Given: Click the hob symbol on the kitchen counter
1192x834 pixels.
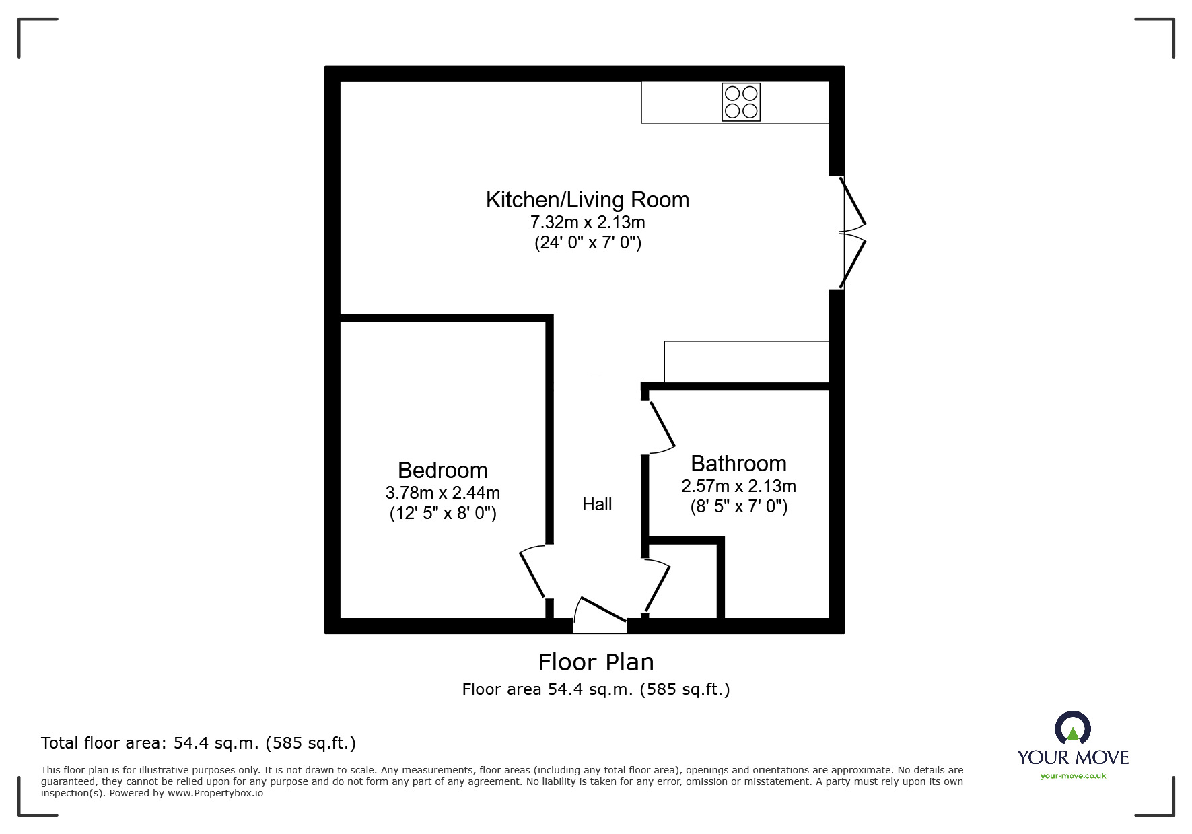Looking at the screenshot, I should pos(741,102).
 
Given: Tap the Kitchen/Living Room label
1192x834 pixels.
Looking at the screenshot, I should pos(587,200).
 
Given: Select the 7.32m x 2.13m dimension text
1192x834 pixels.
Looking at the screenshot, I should pos(587,221).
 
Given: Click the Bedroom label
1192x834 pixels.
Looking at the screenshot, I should pos(442,470).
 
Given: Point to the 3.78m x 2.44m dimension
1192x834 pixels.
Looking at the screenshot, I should pos(442,493).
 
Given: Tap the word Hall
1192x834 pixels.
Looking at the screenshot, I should pos(597,504).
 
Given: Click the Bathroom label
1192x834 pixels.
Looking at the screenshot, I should pos(738,464).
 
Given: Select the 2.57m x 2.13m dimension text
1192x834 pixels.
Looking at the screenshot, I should pos(738,486).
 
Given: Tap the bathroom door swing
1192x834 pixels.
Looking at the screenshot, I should pos(660,427).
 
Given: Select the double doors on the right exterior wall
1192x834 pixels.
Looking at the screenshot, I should pos(851,232).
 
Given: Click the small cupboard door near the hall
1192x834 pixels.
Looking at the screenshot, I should pos(657,586).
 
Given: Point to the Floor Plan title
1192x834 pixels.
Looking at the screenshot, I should pos(596,662).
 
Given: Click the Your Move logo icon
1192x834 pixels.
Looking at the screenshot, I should pos(1072,729).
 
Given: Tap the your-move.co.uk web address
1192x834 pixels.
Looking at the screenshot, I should pos(1073,776).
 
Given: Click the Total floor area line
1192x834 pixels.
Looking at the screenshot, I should pos(199,743).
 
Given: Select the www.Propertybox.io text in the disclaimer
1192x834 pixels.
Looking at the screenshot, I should pos(215,793).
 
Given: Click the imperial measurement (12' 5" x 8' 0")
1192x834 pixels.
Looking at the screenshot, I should pos(442,514).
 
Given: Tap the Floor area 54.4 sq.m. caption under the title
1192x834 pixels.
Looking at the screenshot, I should pos(596,689).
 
